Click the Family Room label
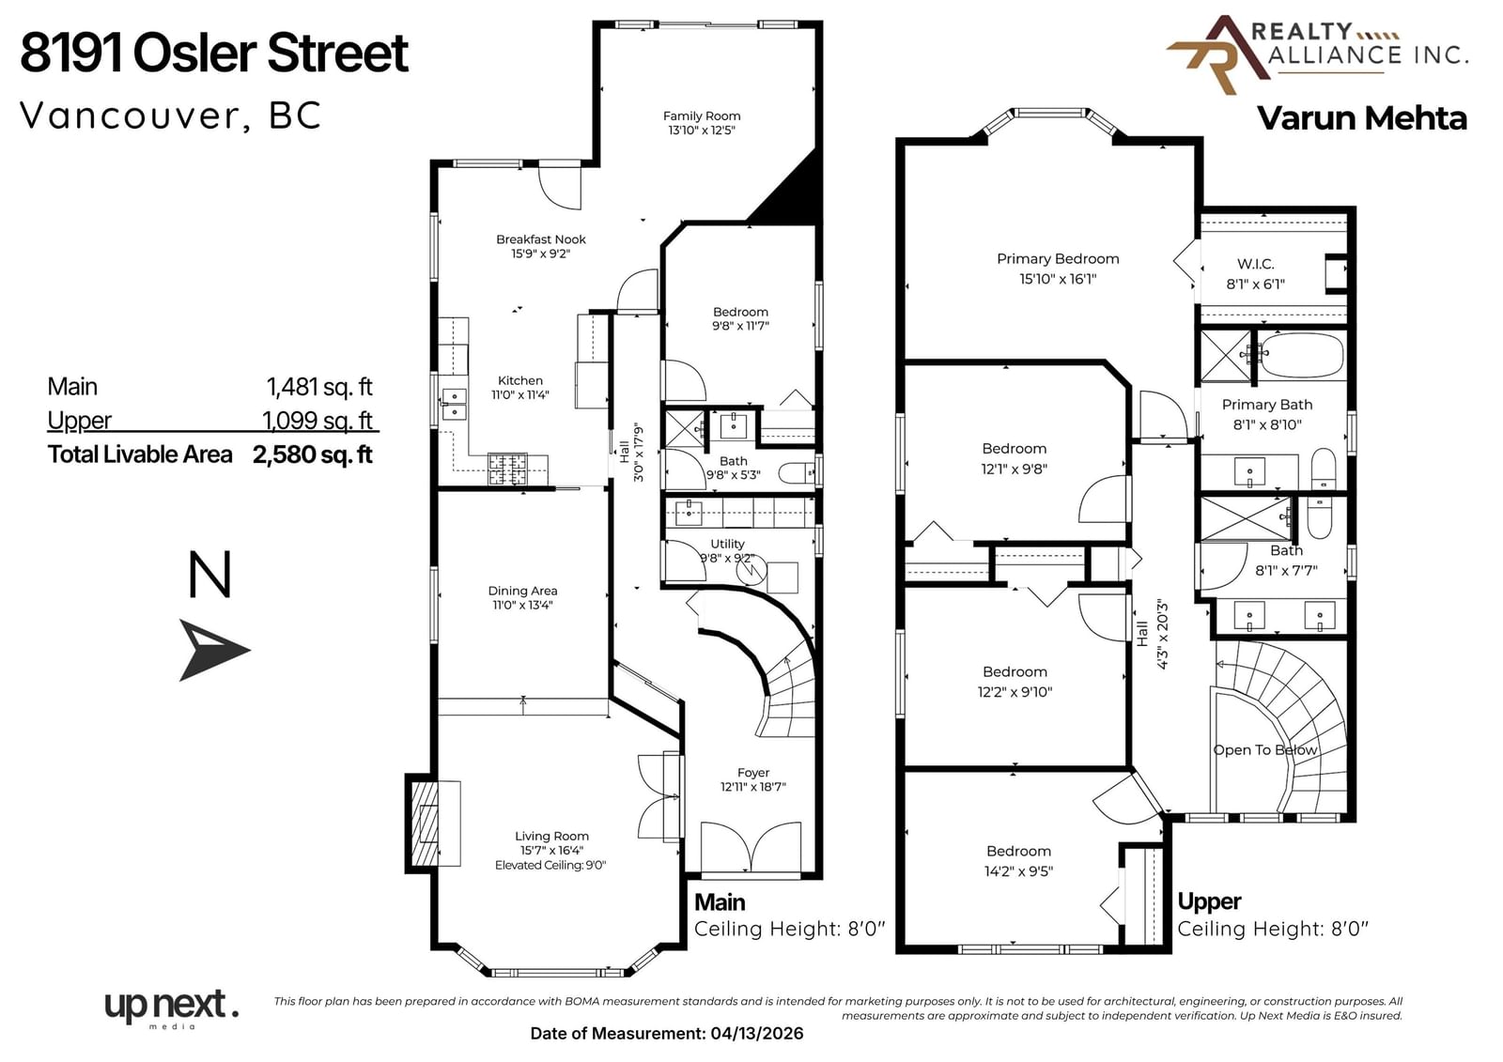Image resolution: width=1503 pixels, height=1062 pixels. [x=701, y=116]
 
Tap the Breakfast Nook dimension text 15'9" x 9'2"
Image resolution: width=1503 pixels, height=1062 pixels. [x=541, y=254]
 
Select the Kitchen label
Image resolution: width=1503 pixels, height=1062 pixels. [x=520, y=380]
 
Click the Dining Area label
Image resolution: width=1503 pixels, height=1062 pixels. [x=522, y=591]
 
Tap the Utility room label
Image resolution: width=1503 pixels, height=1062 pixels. [x=727, y=544]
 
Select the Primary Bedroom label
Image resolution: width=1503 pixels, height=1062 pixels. [x=1058, y=258]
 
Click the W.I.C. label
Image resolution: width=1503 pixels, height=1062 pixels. [x=1255, y=264]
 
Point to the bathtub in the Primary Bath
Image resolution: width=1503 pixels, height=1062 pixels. [x=1302, y=355]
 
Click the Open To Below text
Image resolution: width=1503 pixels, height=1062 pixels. [x=1264, y=749]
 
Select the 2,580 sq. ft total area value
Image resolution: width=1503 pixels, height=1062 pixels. [x=313, y=454]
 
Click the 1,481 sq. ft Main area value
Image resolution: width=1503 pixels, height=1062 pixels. [x=319, y=387]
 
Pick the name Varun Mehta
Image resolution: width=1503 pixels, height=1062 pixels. [x=1361, y=118]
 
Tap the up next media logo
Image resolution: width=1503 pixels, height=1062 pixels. [x=172, y=1008]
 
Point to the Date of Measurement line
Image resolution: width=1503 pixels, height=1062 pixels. [x=666, y=1033]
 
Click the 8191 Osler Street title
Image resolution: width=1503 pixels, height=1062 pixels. [x=214, y=53]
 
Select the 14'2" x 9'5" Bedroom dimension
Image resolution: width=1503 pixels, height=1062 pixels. [x=1018, y=870]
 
